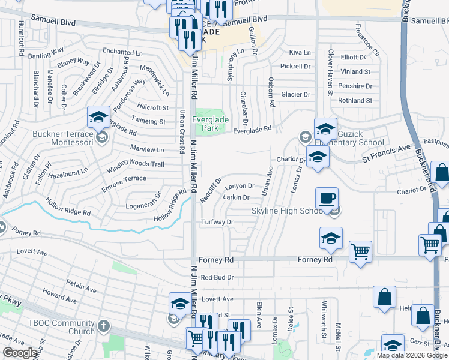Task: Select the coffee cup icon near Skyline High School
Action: [327, 199]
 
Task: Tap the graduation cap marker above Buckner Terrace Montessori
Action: [98, 118]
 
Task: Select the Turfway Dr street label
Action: [217, 222]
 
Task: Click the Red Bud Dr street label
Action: [217, 277]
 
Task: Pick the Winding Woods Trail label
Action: [138, 164]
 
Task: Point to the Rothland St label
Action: [355, 101]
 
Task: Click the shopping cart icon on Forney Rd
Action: [360, 251]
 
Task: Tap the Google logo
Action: [20, 353]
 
